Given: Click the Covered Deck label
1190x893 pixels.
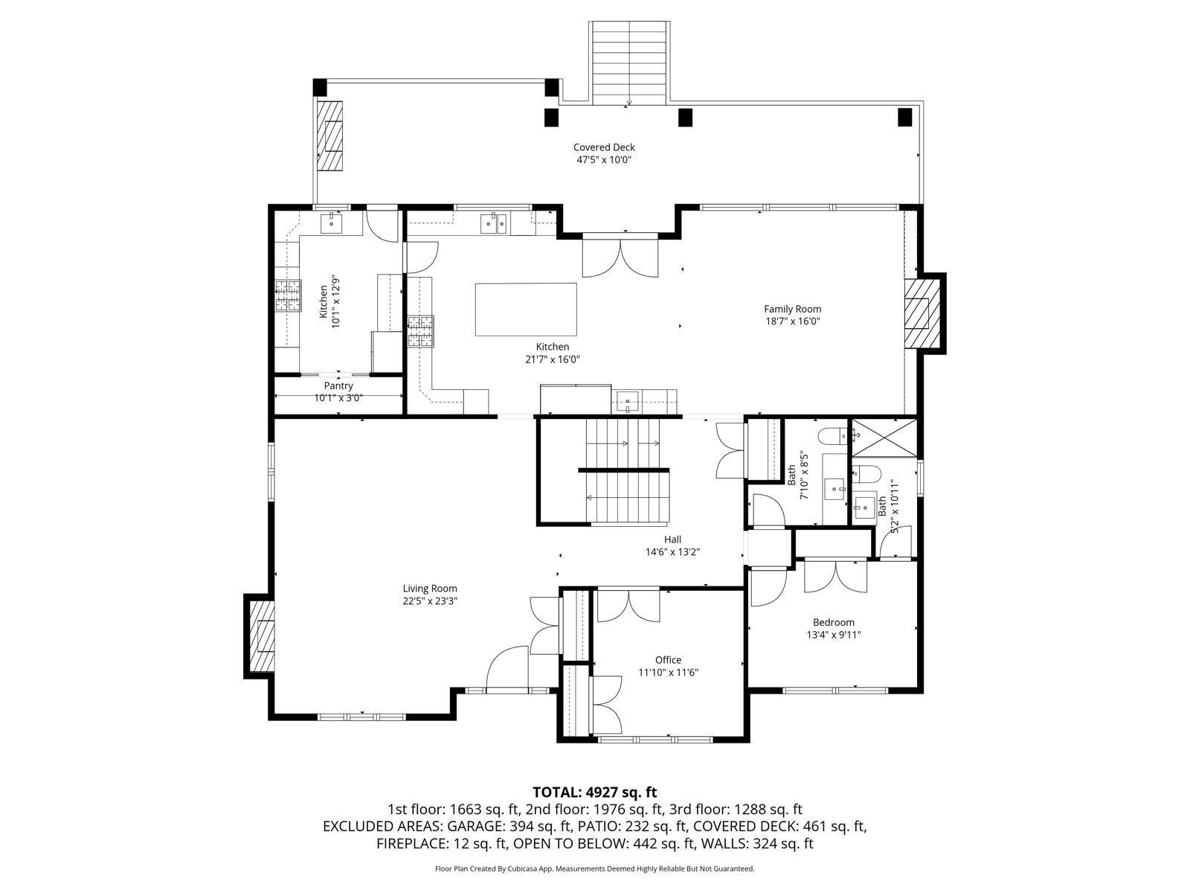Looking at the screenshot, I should point(603,147).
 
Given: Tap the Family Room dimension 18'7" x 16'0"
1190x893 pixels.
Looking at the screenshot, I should point(792,321).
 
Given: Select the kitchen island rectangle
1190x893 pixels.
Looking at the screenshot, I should point(526,310).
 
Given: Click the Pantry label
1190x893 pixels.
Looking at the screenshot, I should point(338,385).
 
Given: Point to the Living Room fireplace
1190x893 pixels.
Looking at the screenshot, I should point(260,636).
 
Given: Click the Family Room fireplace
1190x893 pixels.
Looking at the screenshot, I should point(918,313).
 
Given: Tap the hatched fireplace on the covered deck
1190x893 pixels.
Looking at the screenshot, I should point(331,136).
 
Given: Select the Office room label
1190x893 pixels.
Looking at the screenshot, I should point(668,659).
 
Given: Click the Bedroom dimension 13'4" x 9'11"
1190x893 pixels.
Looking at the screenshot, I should point(833,635).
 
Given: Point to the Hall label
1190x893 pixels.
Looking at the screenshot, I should point(672,540).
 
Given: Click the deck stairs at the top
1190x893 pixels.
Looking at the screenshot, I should point(629,63).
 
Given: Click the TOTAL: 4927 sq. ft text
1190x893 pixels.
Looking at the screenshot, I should point(594,792).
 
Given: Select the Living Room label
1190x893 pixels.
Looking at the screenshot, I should point(430,588).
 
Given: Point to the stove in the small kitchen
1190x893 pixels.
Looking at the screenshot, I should point(289,295).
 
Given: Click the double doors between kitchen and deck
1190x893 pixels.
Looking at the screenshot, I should point(620,257).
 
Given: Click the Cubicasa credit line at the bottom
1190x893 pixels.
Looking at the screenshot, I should point(594,868).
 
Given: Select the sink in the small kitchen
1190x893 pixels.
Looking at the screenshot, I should point(331,221).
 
